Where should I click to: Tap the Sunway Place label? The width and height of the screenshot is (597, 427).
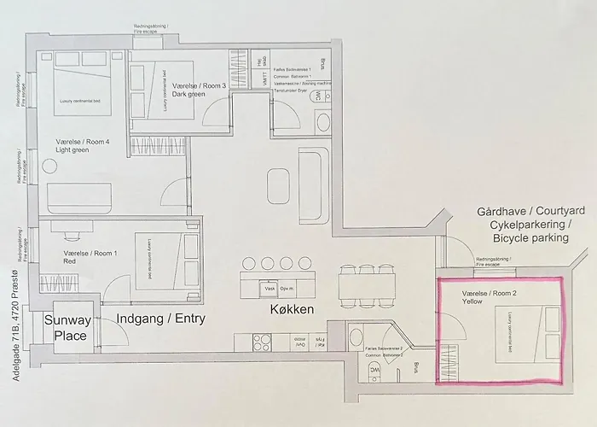click(x=66, y=328)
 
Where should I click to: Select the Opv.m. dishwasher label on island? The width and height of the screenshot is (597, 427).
click(x=287, y=288)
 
